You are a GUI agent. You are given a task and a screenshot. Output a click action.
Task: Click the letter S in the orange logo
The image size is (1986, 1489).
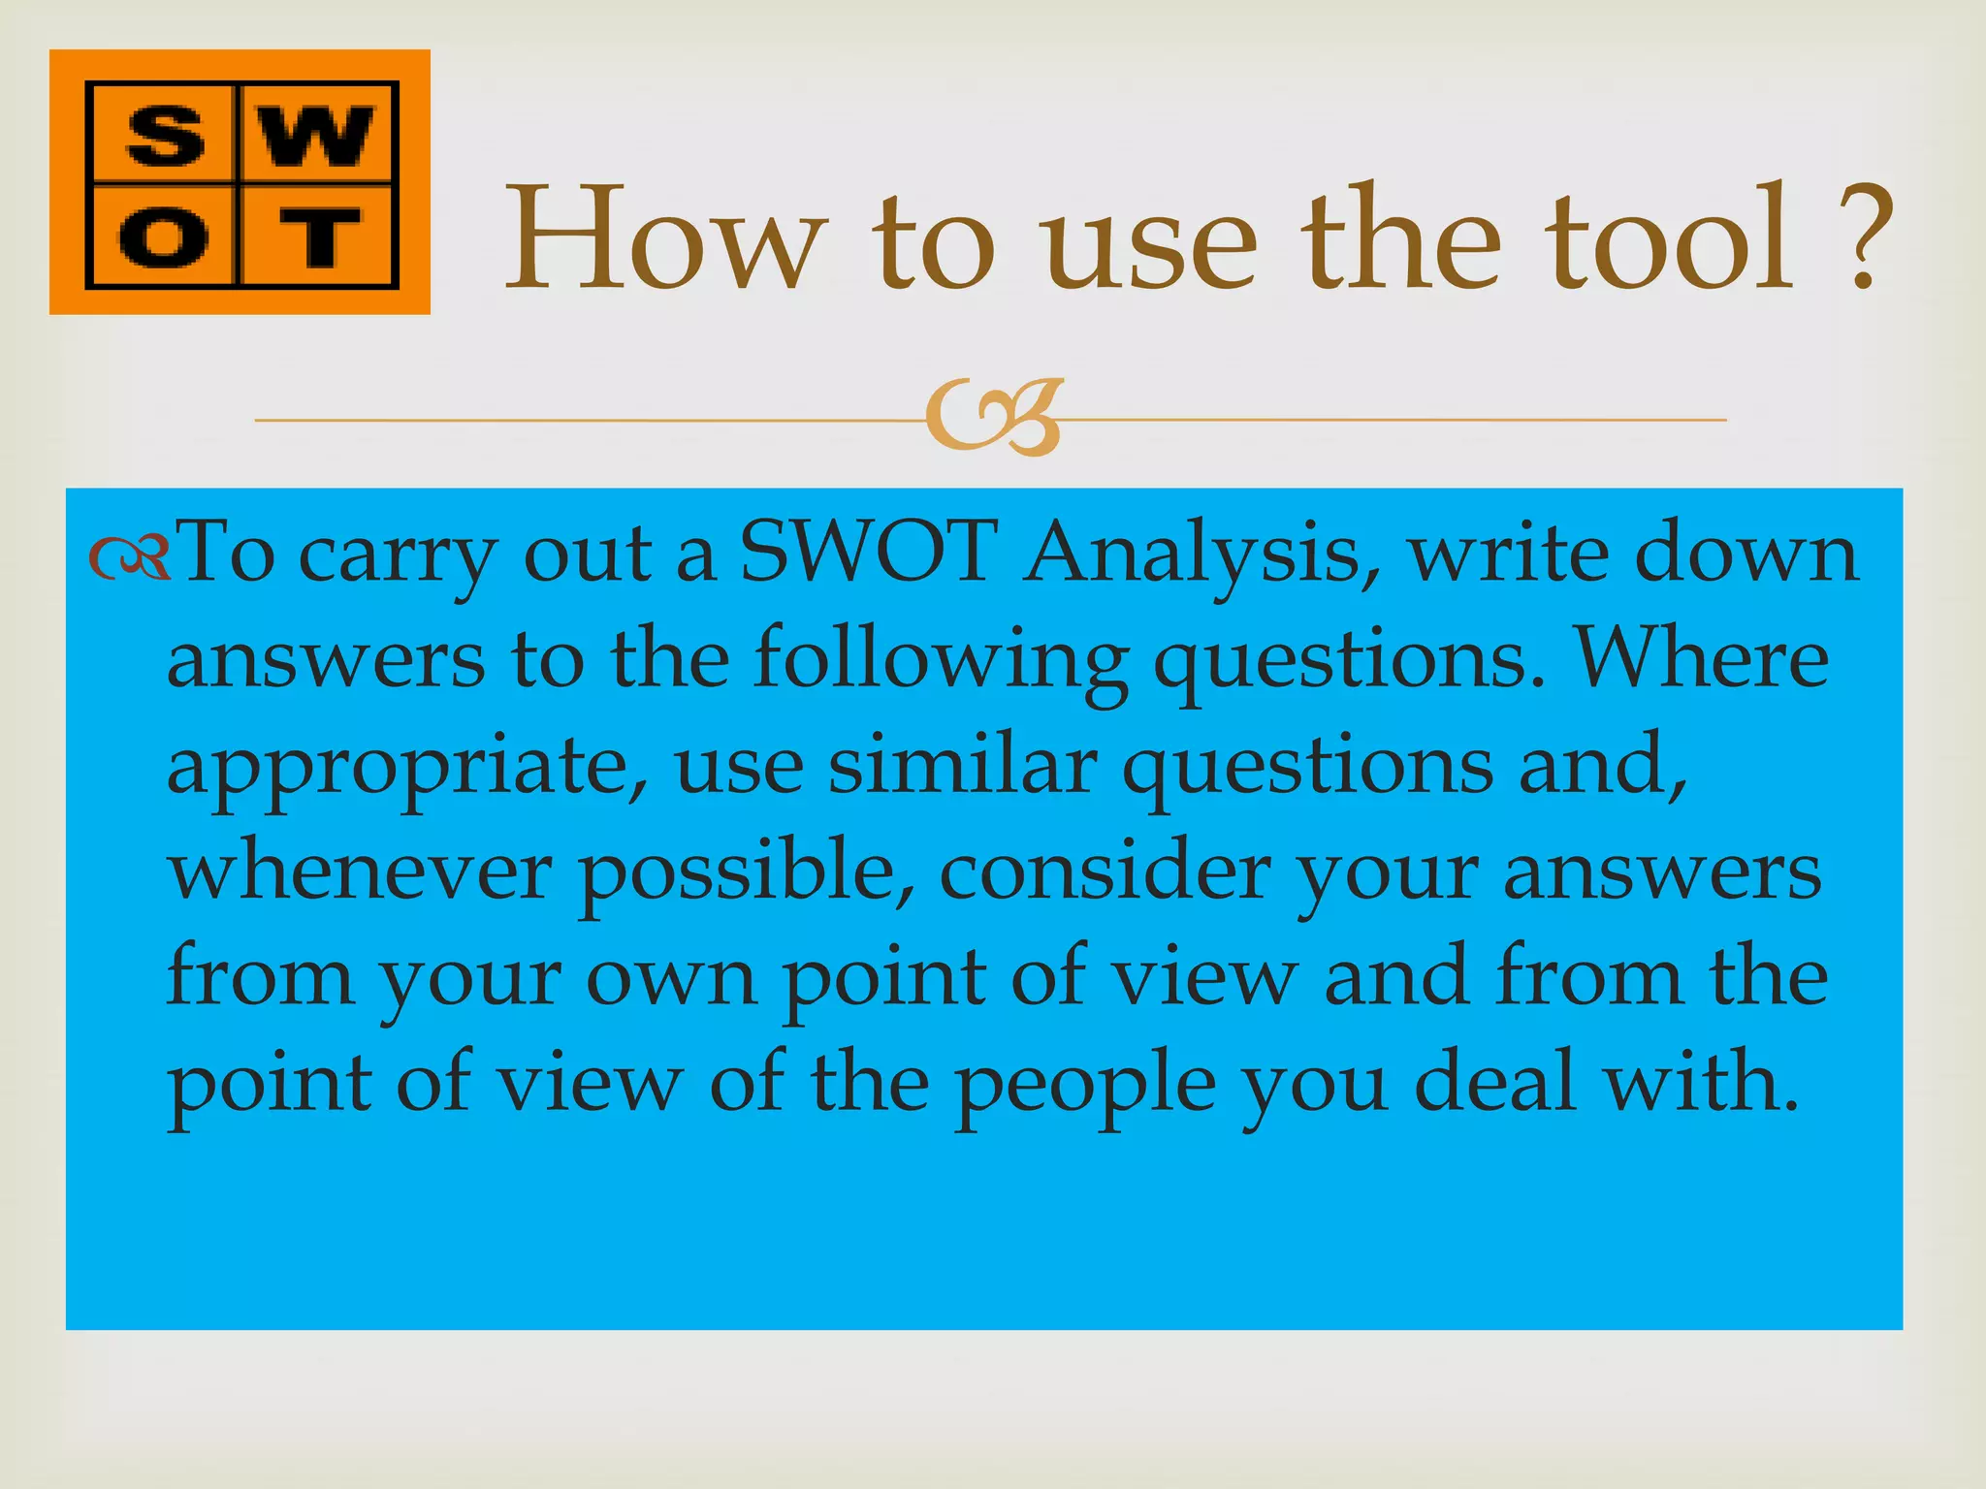pos(164,135)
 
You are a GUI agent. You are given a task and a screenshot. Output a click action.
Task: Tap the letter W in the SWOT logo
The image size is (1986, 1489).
pos(317,135)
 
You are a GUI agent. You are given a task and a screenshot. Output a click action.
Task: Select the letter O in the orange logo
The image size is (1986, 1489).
pos(164,236)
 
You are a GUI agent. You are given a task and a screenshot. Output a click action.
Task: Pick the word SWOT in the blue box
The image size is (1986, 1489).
pos(868,553)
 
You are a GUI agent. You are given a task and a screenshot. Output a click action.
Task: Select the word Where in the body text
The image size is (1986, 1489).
pos(1702,659)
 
